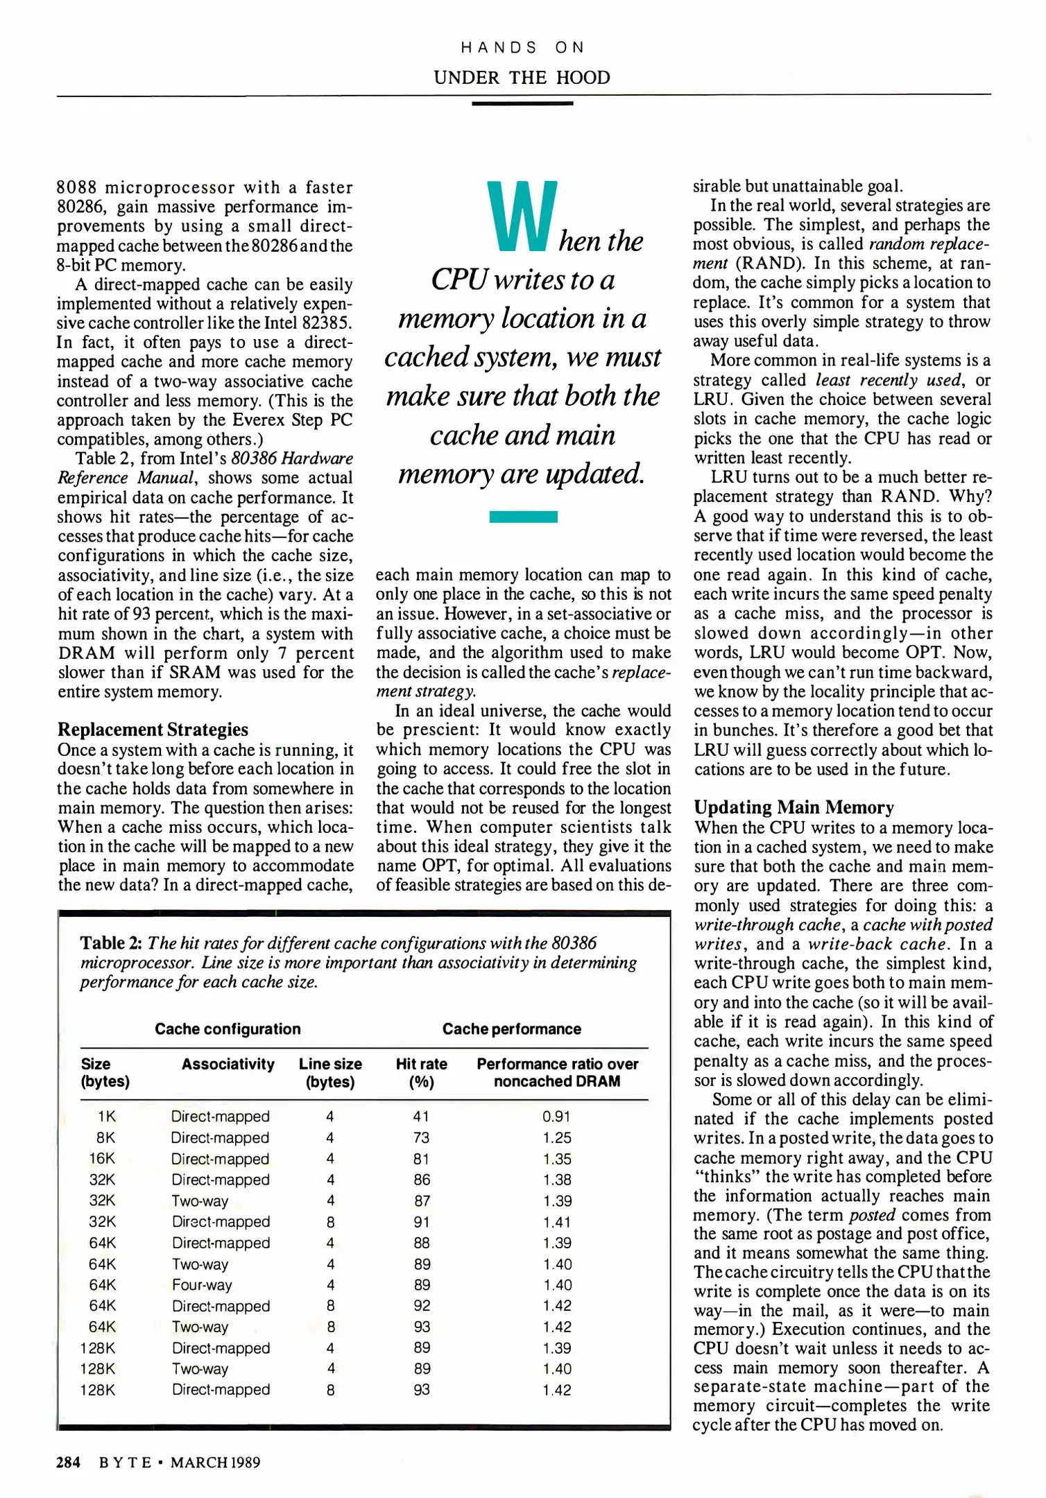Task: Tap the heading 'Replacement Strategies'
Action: (153, 730)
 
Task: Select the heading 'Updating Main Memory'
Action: (794, 807)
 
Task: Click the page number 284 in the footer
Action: (68, 1463)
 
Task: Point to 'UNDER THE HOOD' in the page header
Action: (522, 78)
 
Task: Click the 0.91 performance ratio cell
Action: (556, 1117)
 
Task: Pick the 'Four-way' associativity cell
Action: (202, 1285)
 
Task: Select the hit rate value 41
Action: (421, 1117)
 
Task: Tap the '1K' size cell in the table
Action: (106, 1117)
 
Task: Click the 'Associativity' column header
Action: (228, 1064)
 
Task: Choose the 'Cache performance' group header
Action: (511, 1029)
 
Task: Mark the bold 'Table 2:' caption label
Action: (111, 943)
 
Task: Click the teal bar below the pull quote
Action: (523, 517)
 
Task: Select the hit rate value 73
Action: (421, 1138)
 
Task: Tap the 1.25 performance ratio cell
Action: (557, 1138)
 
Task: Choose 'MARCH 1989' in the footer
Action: (215, 1463)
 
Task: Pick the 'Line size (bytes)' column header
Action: (330, 1072)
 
